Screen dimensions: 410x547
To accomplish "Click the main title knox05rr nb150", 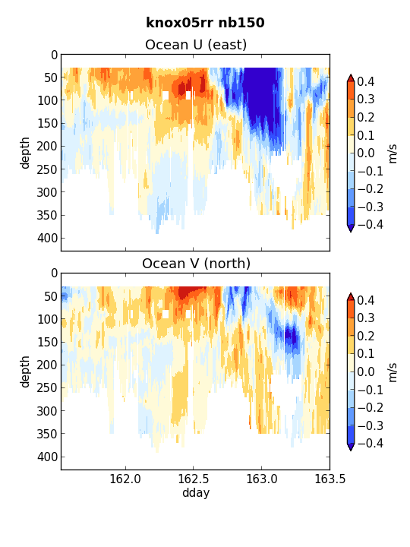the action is click(x=205, y=23).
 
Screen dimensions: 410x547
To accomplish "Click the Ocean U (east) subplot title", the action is click(x=196, y=45).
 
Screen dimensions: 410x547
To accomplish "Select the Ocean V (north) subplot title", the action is click(x=196, y=264).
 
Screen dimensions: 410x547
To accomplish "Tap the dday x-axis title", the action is click(x=196, y=492).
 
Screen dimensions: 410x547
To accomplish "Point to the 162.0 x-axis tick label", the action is click(x=125, y=479).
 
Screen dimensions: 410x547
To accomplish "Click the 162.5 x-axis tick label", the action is click(x=193, y=479).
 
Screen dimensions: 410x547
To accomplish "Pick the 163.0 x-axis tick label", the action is click(x=261, y=479).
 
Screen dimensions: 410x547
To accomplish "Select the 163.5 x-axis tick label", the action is click(x=330, y=479).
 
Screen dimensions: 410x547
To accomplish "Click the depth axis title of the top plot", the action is click(x=25, y=153).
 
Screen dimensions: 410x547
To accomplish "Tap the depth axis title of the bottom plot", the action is click(x=25, y=372).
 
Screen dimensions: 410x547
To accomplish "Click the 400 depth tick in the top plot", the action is click(x=47, y=239).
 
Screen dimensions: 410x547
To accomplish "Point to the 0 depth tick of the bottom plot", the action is click(x=54, y=273).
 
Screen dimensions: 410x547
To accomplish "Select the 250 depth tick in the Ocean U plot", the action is click(x=47, y=169).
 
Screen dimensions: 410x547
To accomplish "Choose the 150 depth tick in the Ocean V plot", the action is click(x=47, y=342).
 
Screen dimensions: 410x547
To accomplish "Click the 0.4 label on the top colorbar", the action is click(x=366, y=81).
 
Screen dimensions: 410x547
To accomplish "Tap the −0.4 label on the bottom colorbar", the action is click(x=371, y=443).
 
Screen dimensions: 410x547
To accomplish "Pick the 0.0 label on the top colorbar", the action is click(x=366, y=153).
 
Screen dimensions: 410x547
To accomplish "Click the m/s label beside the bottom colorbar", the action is click(x=393, y=372).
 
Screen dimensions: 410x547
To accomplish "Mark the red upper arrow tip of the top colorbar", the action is click(x=351, y=74).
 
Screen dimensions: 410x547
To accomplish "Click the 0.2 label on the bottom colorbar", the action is click(x=366, y=336).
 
